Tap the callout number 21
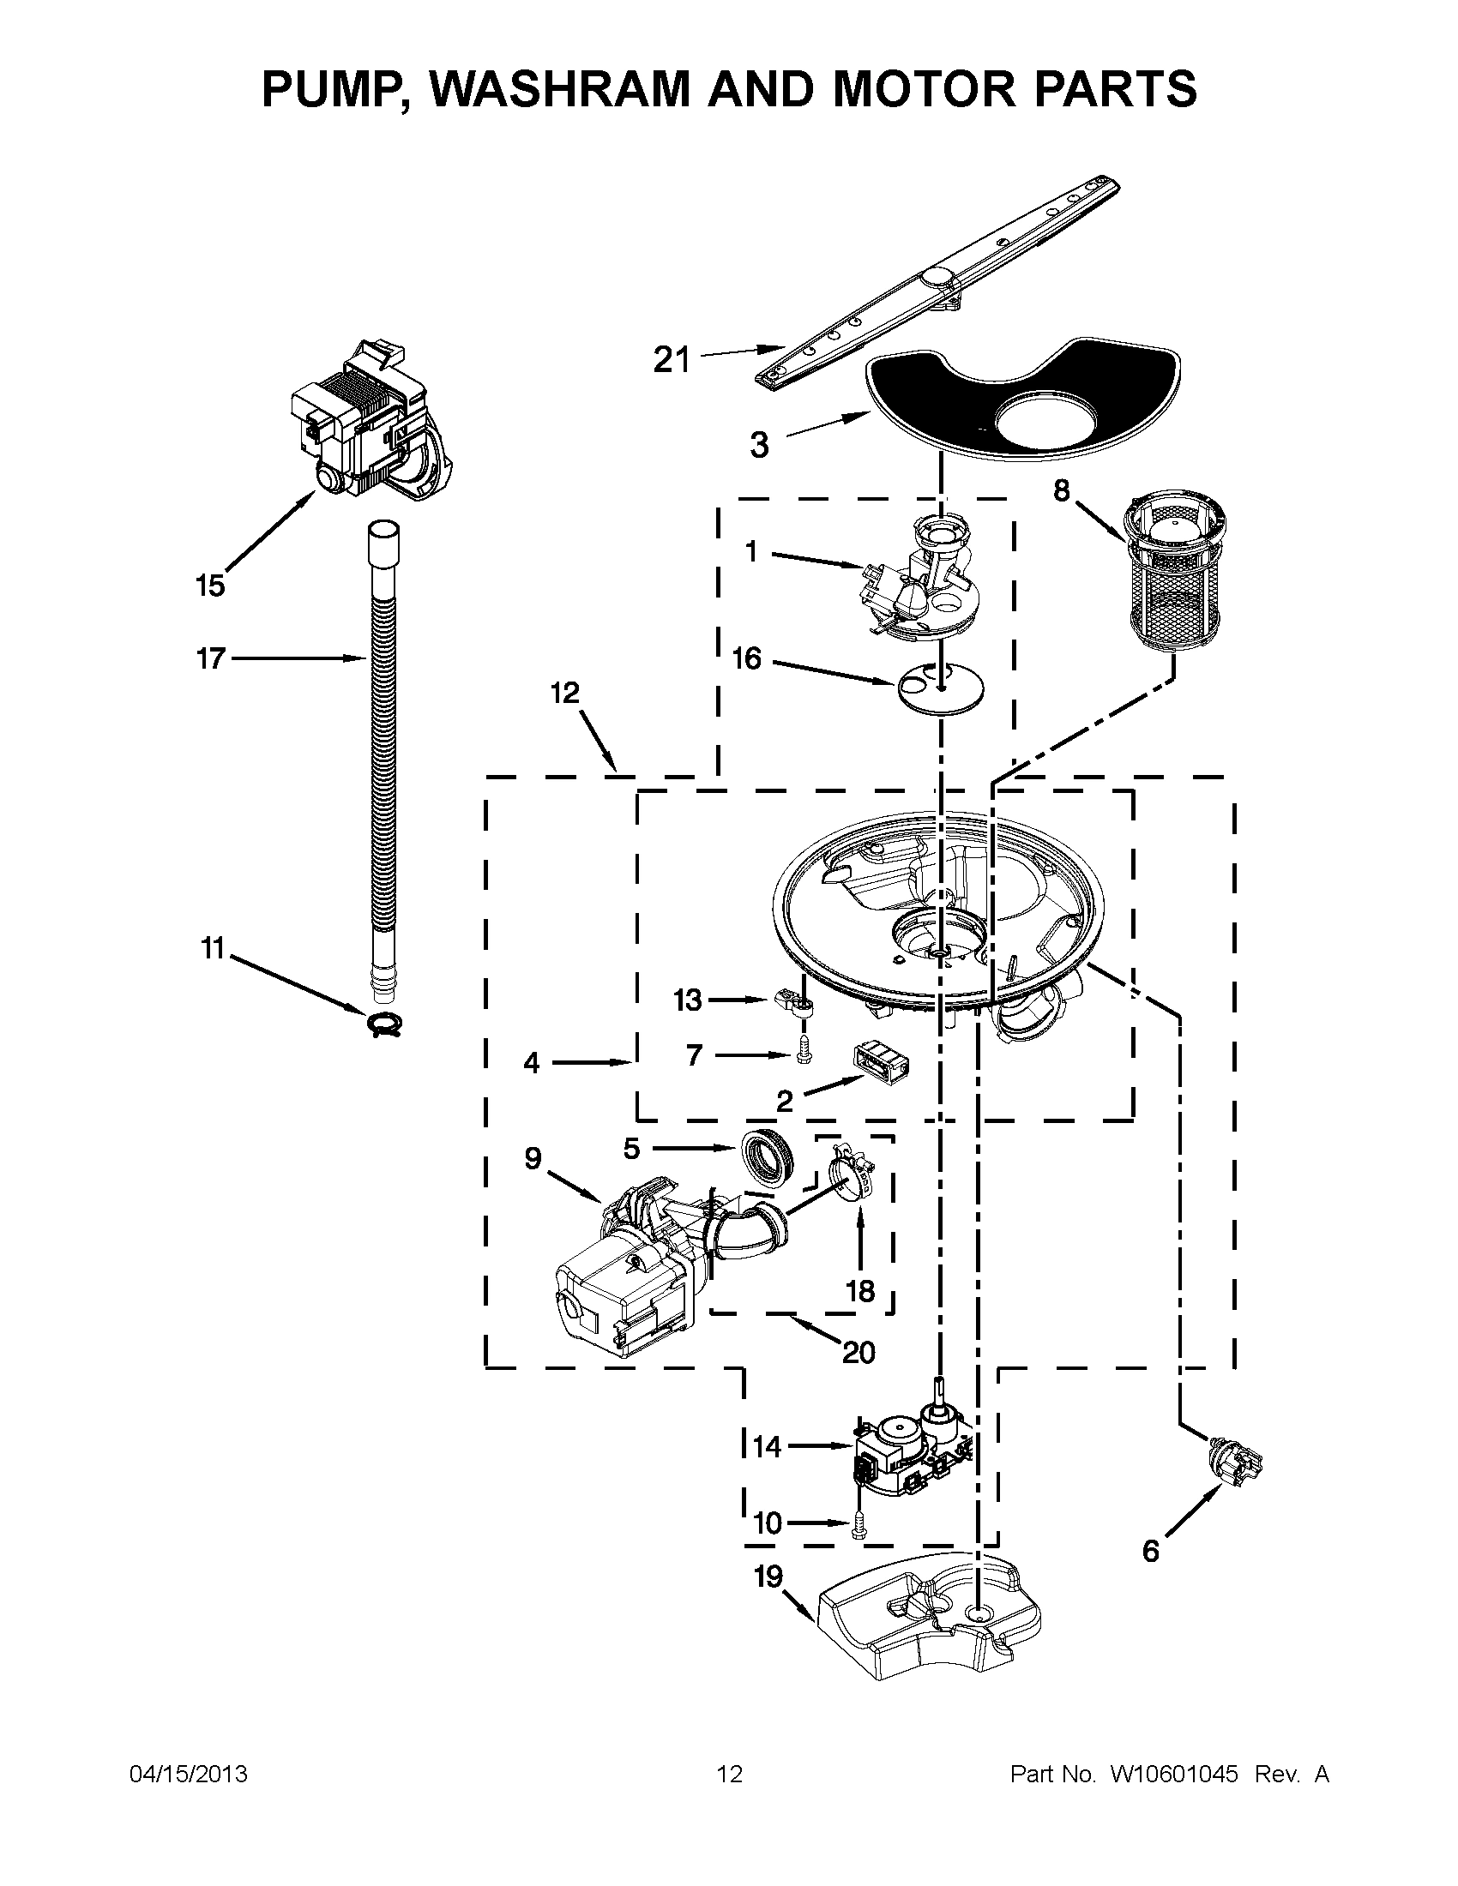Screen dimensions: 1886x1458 pyautogui.click(x=672, y=359)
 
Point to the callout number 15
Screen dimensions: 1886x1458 pyautogui.click(x=210, y=586)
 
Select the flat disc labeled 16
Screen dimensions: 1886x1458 pyautogui.click(x=940, y=688)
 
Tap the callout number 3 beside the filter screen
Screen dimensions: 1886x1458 pyautogui.click(x=758, y=446)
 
